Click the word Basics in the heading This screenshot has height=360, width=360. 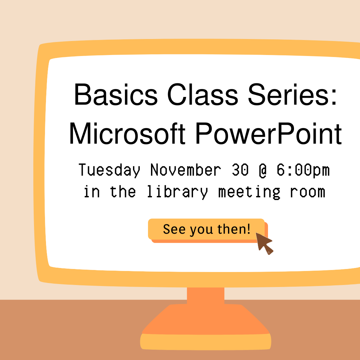click(x=116, y=95)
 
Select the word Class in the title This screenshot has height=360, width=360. click(x=203, y=95)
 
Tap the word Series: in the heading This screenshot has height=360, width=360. click(x=292, y=95)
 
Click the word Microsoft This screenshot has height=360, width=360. click(x=127, y=133)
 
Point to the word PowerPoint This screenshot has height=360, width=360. click(x=269, y=133)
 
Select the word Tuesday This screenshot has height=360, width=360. click(x=109, y=170)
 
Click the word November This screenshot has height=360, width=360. click(x=186, y=170)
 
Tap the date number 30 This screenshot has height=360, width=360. click(x=240, y=170)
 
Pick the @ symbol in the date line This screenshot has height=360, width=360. click(x=263, y=170)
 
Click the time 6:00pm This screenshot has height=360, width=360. click(x=303, y=170)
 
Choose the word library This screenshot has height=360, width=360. click(x=177, y=192)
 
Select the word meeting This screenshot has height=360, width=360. click(x=249, y=192)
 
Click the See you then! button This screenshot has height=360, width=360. click(x=206, y=229)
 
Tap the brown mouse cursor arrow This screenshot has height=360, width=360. click(x=264, y=243)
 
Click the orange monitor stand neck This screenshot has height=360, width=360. click(x=205, y=296)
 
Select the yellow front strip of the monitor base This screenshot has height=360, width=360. click(x=205, y=342)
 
